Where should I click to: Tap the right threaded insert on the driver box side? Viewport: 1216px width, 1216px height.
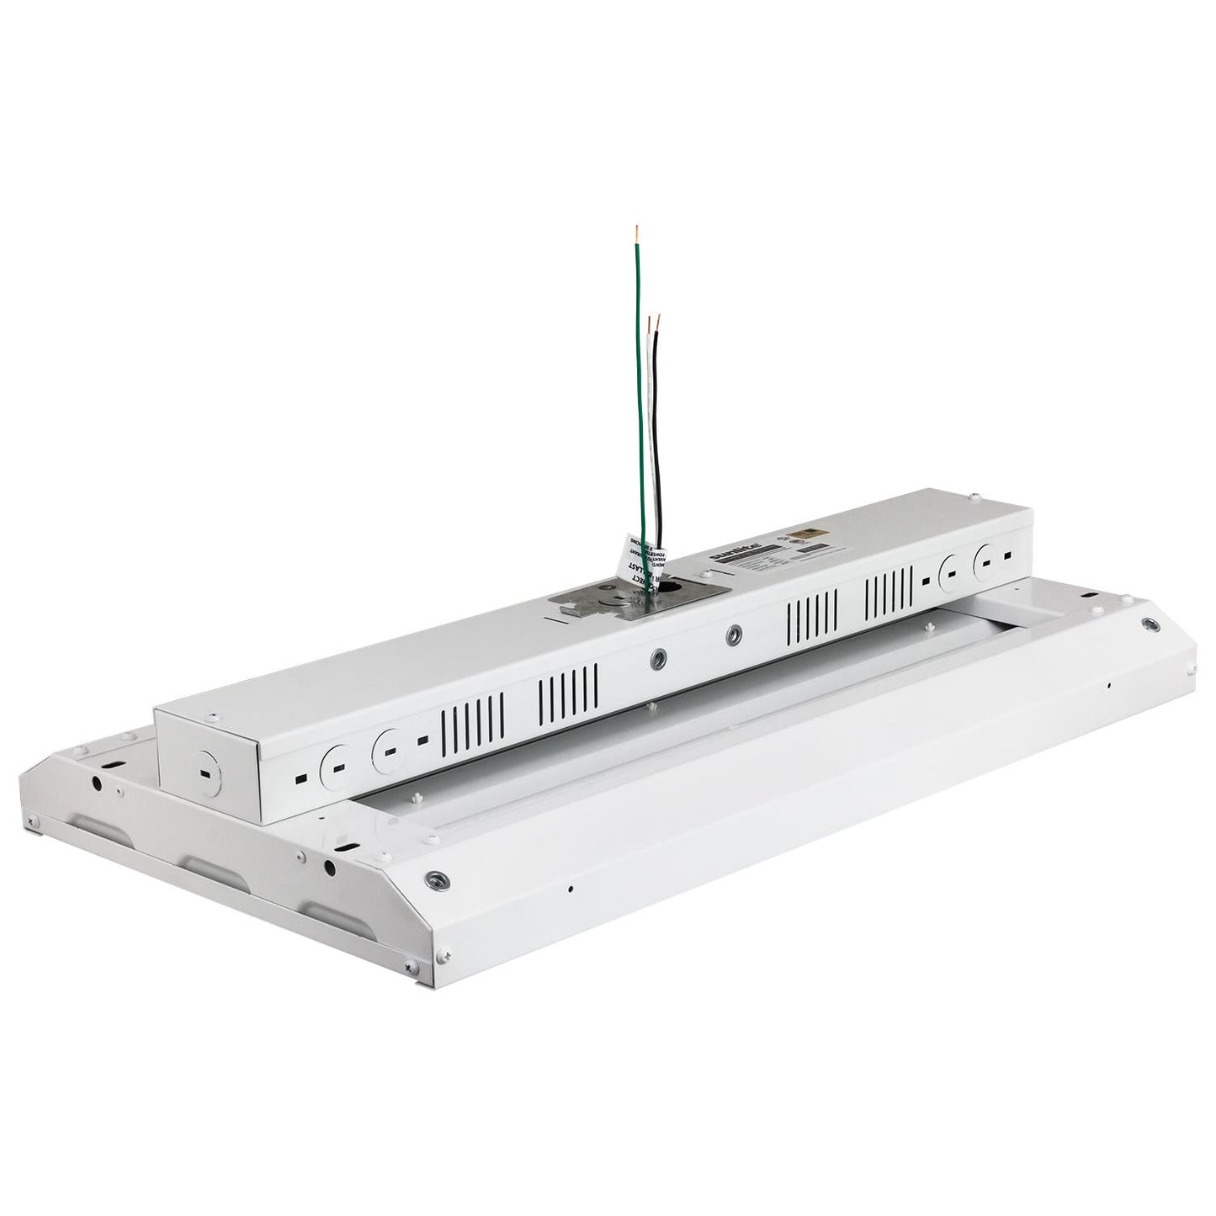pos(735,631)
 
